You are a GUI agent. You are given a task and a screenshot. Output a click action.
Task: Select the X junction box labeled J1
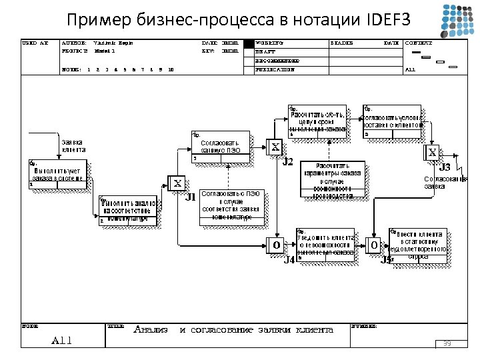click(178, 183)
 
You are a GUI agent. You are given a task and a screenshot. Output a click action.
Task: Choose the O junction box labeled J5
click(375, 246)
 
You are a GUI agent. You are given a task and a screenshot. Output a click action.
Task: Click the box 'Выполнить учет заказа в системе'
click(57, 174)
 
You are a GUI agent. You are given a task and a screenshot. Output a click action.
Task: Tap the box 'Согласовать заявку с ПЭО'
click(221, 147)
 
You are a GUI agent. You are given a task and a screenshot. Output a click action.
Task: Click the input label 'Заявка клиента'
click(73, 145)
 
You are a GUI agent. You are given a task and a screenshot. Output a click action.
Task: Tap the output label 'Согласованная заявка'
click(441, 183)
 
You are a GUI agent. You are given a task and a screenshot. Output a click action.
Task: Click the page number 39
click(447, 343)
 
